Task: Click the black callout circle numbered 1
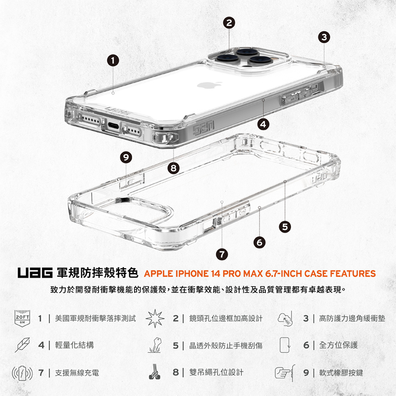113,60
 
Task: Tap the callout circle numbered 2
229,23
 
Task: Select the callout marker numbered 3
324,37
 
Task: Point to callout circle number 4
263,124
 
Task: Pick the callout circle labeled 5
285,227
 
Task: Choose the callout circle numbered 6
259,243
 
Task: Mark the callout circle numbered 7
222,254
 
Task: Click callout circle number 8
174,168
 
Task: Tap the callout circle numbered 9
126,157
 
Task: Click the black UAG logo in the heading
35,273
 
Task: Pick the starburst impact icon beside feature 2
155,318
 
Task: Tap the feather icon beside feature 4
22,345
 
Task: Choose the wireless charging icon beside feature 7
22,373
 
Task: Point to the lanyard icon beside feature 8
154,372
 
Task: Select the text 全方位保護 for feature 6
339,345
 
